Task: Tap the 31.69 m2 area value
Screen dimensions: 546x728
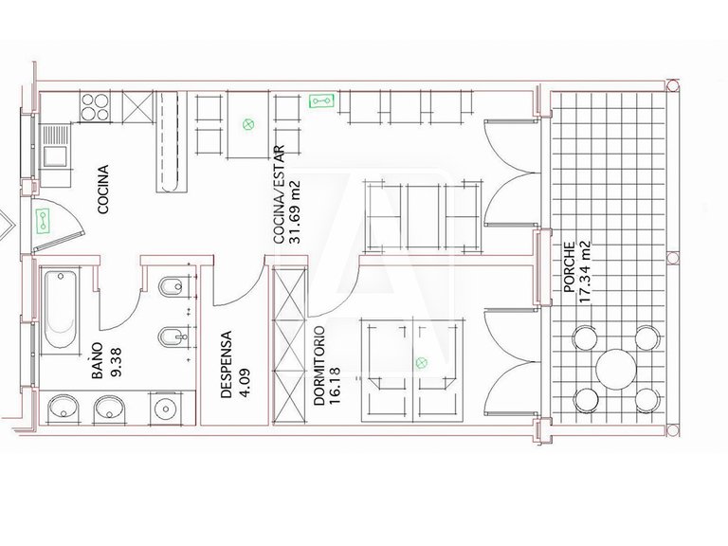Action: click(295, 211)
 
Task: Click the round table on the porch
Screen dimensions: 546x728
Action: click(614, 369)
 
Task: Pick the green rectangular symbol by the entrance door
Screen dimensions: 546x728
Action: click(43, 222)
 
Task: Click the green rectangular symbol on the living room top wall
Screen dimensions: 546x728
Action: click(319, 99)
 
